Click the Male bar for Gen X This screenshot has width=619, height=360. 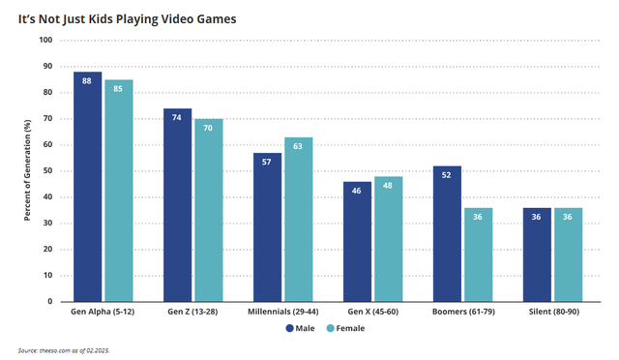[x=358, y=241]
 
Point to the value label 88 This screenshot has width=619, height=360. [x=87, y=80]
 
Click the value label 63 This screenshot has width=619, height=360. [x=299, y=146]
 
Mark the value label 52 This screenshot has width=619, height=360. [x=448, y=175]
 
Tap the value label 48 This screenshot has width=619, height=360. [x=389, y=185]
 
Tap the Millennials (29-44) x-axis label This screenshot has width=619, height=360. [x=282, y=313]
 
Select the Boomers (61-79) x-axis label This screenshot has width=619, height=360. [x=463, y=313]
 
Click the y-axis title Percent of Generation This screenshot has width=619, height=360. [x=28, y=170]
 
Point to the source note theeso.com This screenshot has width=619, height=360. [x=60, y=349]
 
